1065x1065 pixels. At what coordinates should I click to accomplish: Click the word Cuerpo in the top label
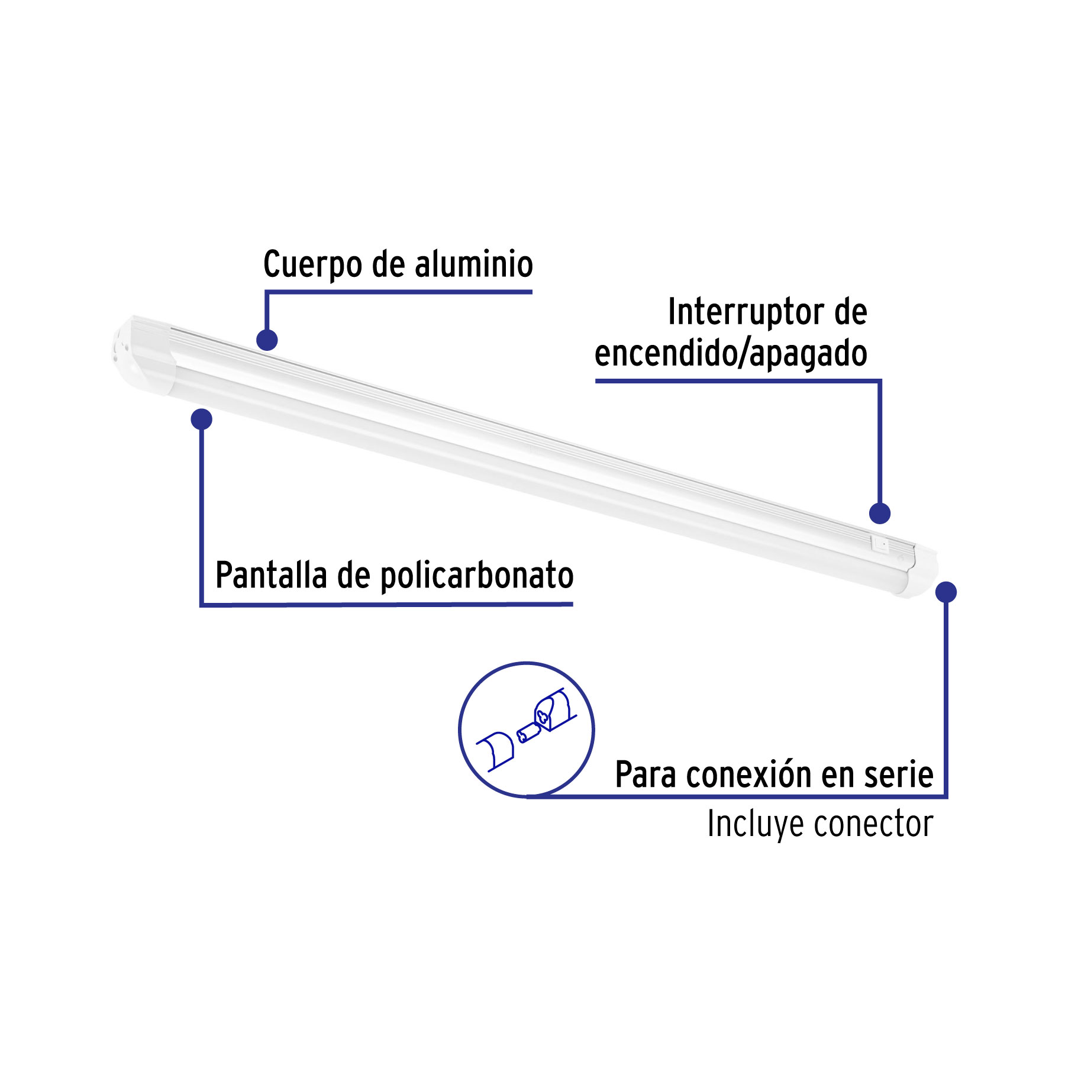click(x=312, y=264)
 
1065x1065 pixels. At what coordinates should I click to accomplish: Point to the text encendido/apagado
click(x=731, y=353)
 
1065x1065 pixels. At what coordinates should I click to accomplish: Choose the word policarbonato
click(x=477, y=576)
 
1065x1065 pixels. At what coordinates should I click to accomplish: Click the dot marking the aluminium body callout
click(x=267, y=340)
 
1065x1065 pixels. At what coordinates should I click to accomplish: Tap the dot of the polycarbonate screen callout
click(x=202, y=419)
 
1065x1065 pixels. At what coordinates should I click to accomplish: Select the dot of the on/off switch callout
click(x=880, y=513)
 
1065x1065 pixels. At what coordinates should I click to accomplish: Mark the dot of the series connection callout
click(x=946, y=592)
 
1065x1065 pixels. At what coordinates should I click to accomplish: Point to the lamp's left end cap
click(x=142, y=354)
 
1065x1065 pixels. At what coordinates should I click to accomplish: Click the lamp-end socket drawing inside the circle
click(x=554, y=710)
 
